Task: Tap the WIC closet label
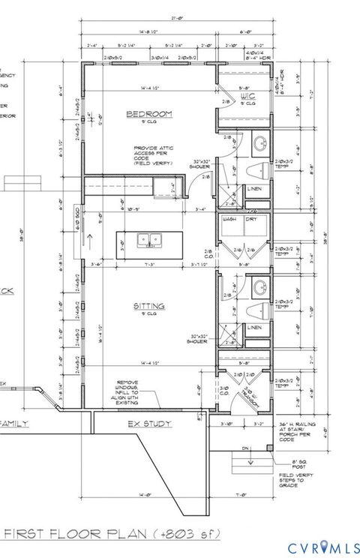click(x=244, y=97)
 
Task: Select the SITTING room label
click(x=150, y=306)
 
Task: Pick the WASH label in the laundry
click(x=229, y=220)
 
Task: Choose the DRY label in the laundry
click(x=253, y=220)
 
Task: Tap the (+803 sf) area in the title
click(x=181, y=534)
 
